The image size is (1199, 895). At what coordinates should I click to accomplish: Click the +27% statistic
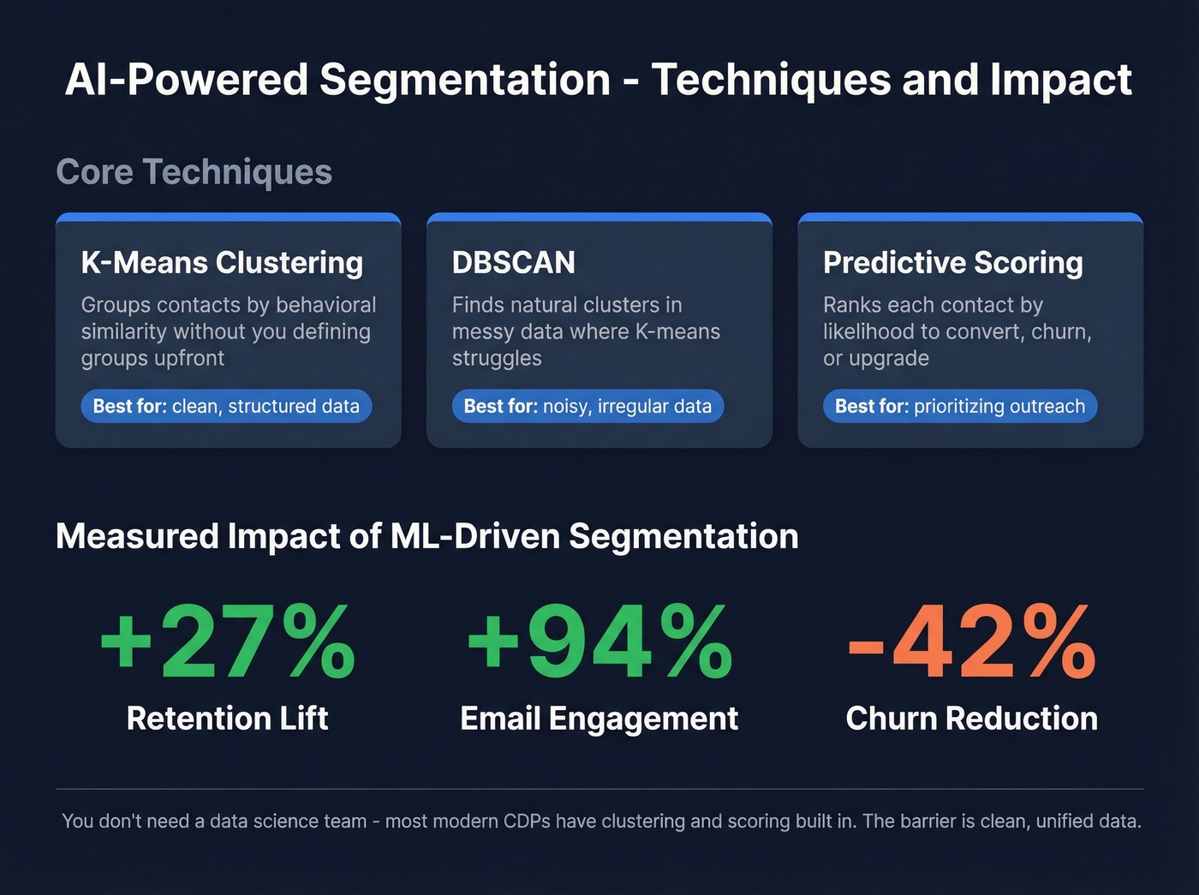(227, 641)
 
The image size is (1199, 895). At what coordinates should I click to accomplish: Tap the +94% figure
(599, 641)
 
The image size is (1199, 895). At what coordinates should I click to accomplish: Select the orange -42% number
(971, 641)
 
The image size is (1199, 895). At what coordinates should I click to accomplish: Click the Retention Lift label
(227, 718)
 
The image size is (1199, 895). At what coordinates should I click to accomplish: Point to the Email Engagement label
(599, 718)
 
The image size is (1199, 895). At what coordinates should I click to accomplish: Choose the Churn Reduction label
(971, 718)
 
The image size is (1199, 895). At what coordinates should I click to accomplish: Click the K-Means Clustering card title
(222, 262)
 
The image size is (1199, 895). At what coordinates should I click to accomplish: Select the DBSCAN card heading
(513, 262)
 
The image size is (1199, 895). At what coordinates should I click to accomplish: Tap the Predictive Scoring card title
(952, 262)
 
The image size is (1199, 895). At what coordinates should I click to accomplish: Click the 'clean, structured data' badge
(226, 406)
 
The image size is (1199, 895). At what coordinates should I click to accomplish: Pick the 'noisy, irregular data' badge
(588, 406)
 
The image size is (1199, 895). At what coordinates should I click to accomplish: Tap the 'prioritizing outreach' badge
(959, 406)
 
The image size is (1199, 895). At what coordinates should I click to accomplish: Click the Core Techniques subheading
(194, 171)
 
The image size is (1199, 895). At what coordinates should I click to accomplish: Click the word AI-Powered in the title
(186, 80)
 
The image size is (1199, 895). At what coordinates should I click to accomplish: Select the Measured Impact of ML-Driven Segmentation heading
(427, 536)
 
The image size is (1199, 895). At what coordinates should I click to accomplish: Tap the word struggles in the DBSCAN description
(497, 358)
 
